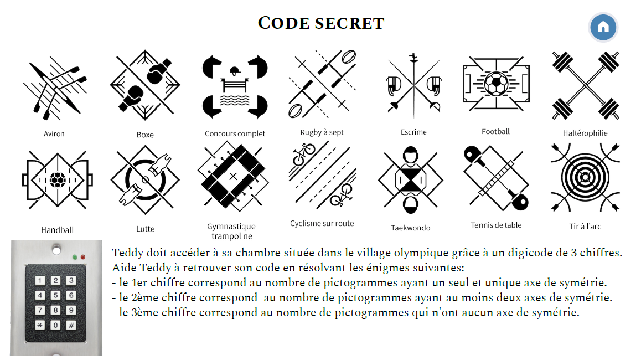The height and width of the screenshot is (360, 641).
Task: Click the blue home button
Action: (x=603, y=27)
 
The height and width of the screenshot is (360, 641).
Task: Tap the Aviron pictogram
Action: (x=55, y=89)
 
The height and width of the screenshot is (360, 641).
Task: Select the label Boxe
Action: (x=145, y=135)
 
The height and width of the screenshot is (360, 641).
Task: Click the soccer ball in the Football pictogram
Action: (x=496, y=84)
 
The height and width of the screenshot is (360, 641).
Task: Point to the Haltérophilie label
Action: (x=585, y=133)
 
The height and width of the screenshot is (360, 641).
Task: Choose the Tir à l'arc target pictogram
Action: (x=585, y=177)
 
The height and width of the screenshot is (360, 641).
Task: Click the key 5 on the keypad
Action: (x=55, y=295)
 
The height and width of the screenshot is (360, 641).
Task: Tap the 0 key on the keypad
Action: (x=55, y=325)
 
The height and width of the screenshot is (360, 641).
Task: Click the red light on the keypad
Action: (x=83, y=257)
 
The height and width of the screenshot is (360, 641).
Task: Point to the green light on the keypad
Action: (x=74, y=257)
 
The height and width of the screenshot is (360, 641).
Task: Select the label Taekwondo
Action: (x=410, y=228)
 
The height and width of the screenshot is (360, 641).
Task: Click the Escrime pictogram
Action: (x=413, y=86)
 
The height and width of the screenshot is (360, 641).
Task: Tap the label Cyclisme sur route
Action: (x=322, y=223)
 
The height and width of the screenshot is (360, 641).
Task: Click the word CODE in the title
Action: (x=284, y=23)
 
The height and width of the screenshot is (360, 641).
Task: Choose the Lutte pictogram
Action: (x=145, y=180)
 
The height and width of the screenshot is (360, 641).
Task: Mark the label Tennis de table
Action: (x=496, y=225)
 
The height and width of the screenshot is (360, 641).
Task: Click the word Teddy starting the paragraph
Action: (x=127, y=253)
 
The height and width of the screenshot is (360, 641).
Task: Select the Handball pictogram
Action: (x=58, y=179)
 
